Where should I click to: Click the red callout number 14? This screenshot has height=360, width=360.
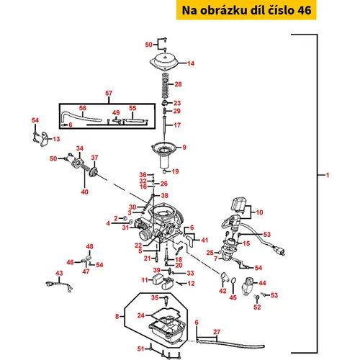[x=191, y=63]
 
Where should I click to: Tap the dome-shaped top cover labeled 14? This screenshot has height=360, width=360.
[x=164, y=61]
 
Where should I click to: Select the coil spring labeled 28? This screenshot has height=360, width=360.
[x=165, y=86]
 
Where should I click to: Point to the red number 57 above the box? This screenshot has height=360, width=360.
[x=109, y=93]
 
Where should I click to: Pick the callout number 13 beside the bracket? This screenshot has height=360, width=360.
[x=56, y=139]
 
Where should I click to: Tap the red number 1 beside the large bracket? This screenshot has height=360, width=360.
[x=328, y=175]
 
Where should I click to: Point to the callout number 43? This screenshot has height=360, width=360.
[x=59, y=273]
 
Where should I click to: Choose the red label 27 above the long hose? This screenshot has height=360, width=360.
[x=217, y=332]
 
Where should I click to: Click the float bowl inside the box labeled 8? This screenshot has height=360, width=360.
[x=167, y=329]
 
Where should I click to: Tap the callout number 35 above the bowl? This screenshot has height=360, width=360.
[x=155, y=297]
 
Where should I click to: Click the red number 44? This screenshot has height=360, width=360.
[x=262, y=283]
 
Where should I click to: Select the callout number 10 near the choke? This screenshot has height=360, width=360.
[x=259, y=212]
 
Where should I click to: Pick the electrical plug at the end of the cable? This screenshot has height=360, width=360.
[x=280, y=251]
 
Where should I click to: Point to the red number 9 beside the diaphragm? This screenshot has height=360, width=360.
[x=184, y=148]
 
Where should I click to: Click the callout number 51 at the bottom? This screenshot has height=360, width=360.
[x=141, y=348]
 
